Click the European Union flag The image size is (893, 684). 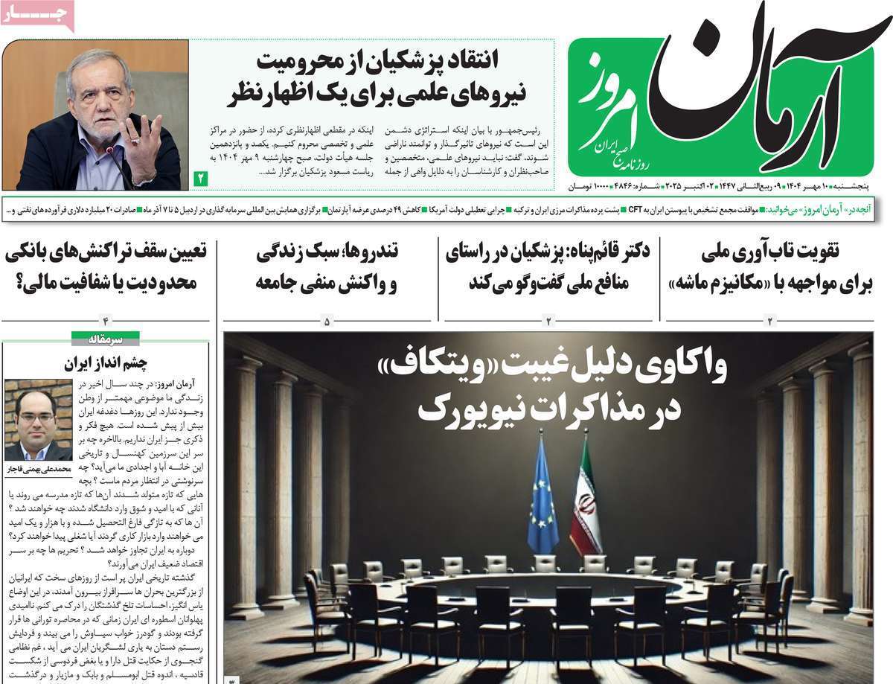pos(542,491)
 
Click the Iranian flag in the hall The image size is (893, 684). pos(586,495)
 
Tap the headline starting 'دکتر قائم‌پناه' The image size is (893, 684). pos(548,266)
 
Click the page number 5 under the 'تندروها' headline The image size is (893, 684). pos(327,322)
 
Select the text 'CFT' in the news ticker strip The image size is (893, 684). pos(636,211)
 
